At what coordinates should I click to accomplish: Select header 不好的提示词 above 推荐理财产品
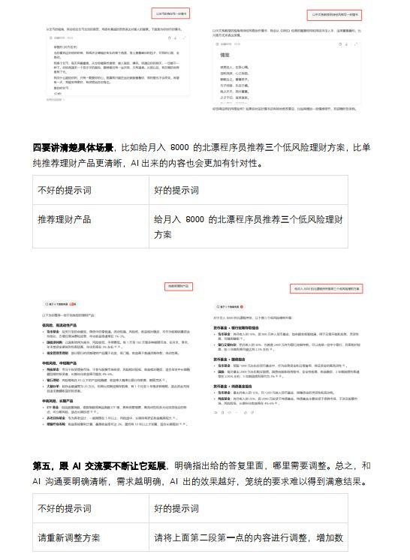(65, 190)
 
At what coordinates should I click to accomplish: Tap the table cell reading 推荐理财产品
(65, 220)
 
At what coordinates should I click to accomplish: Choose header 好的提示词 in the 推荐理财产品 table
(177, 190)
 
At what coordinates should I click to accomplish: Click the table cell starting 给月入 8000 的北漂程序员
(248, 227)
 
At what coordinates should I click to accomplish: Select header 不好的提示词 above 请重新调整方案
(65, 509)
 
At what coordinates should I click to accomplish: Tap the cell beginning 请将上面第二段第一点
(248, 537)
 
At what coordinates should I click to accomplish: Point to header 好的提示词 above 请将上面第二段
(177, 509)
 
